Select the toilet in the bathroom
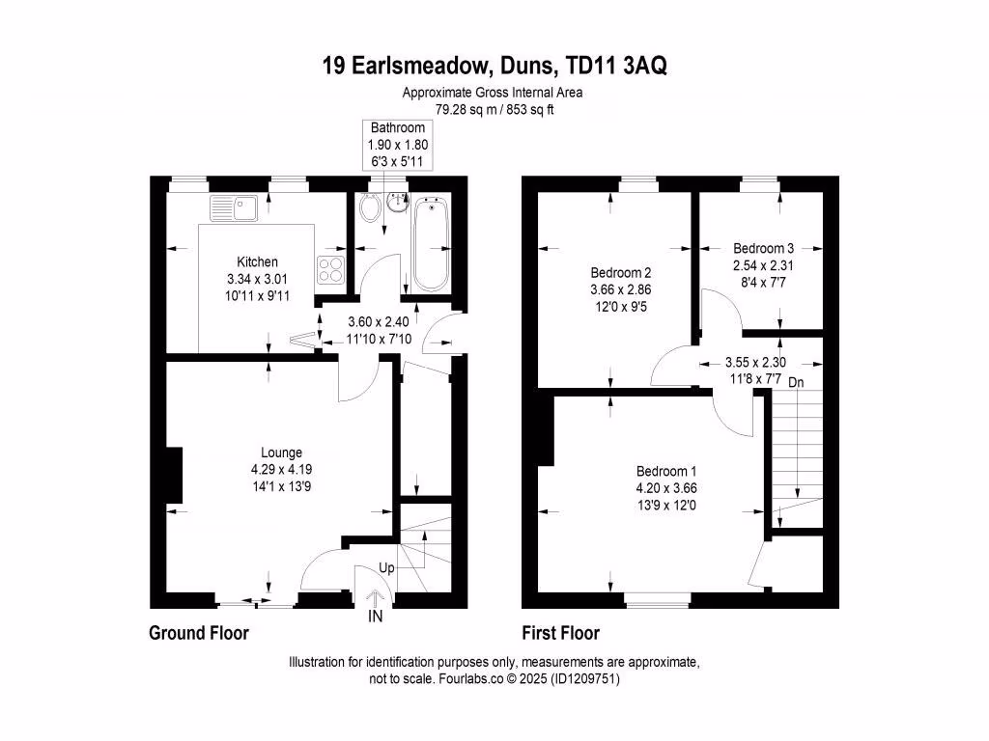368,207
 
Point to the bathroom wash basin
398,204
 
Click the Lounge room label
281,452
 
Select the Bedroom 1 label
662,471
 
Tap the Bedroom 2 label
616,271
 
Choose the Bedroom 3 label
762,247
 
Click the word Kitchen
257,261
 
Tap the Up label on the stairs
386,568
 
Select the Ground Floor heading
199,633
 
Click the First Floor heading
560,633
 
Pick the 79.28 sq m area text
436,109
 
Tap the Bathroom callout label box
398,145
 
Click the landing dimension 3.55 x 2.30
755,363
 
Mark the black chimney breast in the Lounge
173,476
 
